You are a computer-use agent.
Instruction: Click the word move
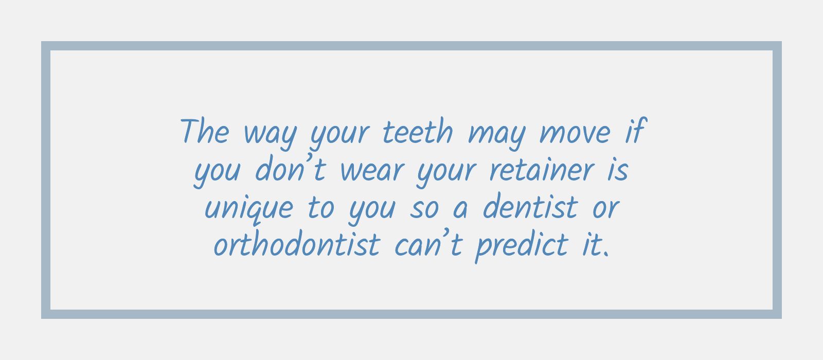(575, 133)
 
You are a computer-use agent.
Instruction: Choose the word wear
(371, 171)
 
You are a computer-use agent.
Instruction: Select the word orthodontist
(296, 245)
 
